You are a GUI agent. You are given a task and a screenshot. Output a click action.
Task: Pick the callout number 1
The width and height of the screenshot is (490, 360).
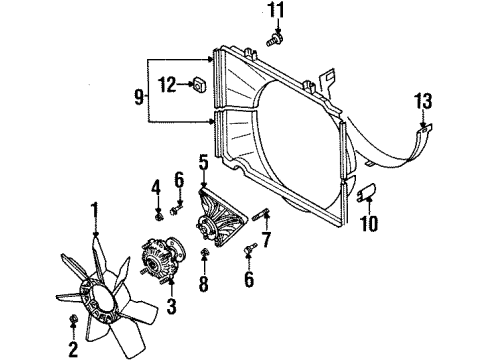pos(95,209)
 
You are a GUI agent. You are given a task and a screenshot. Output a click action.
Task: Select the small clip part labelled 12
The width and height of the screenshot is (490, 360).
pos(198,85)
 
